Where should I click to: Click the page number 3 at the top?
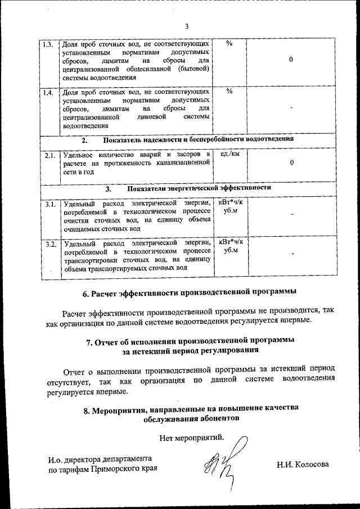click(187, 25)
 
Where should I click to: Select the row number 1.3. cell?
click(48, 44)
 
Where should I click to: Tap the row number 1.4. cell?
click(48, 93)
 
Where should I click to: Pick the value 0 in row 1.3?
click(291, 60)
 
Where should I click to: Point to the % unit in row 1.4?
click(229, 92)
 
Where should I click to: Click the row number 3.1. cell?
click(49, 204)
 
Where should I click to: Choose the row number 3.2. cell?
click(49, 244)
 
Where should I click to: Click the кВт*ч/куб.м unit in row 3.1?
click(231, 206)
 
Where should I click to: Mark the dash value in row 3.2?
click(292, 255)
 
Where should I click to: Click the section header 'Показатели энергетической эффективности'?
click(199, 188)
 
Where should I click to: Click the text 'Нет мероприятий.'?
click(191, 437)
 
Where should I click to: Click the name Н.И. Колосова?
click(302, 465)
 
